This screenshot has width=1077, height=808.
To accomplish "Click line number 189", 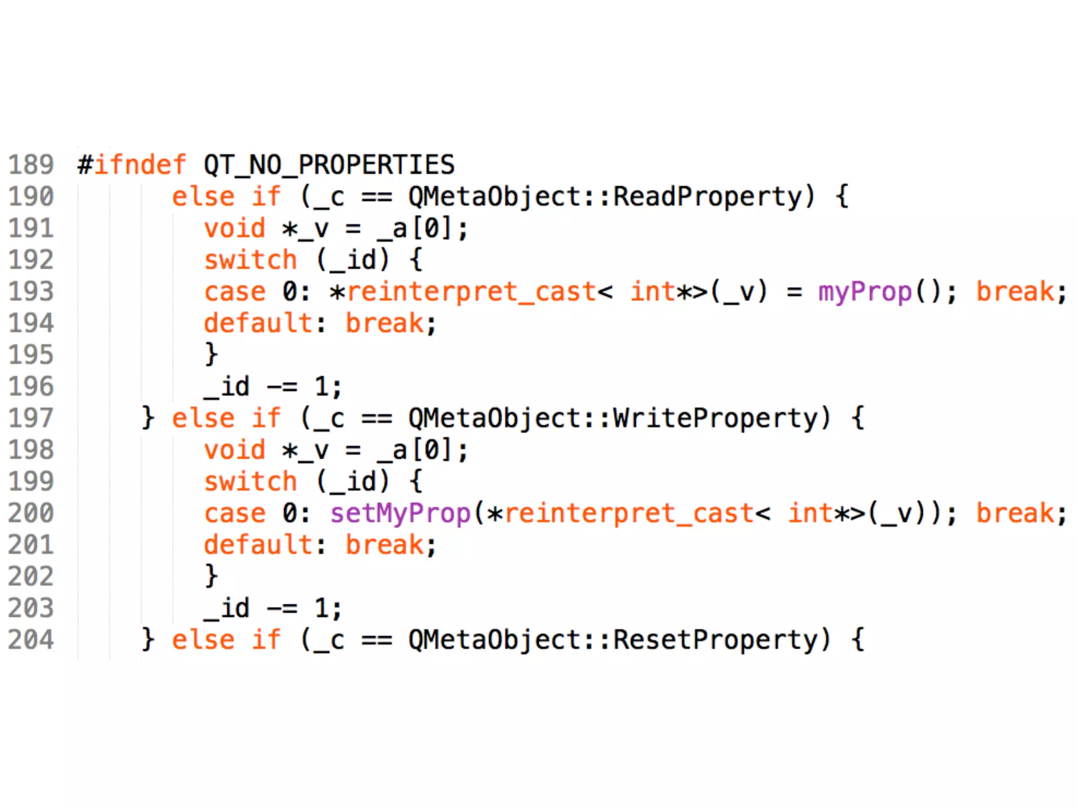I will pyautogui.click(x=31, y=165).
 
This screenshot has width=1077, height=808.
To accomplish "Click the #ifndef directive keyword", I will pyautogui.click(x=131, y=165).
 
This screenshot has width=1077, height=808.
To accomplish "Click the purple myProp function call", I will pyautogui.click(x=865, y=292).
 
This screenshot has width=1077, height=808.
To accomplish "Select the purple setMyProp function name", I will pyautogui.click(x=400, y=514).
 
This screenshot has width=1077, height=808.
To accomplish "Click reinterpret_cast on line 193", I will pyautogui.click(x=471, y=292).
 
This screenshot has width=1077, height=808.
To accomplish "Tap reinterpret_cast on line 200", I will pyautogui.click(x=628, y=514).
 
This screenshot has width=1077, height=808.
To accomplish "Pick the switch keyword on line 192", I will pyautogui.click(x=251, y=260).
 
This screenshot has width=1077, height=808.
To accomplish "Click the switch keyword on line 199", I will pyautogui.click(x=251, y=482).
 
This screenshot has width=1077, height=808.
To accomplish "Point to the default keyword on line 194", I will pyautogui.click(x=258, y=324).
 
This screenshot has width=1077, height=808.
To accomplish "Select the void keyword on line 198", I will pyautogui.click(x=235, y=450).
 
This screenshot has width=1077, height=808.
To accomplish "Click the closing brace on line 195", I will pyautogui.click(x=211, y=355).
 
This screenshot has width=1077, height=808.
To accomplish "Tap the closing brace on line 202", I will pyautogui.click(x=211, y=576).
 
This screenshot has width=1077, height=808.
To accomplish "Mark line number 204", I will pyautogui.click(x=31, y=640).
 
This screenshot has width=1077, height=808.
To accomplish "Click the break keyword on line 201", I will pyautogui.click(x=384, y=545).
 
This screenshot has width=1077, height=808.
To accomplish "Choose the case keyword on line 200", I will pyautogui.click(x=235, y=514).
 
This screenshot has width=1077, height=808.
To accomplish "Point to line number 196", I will pyautogui.click(x=31, y=387).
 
